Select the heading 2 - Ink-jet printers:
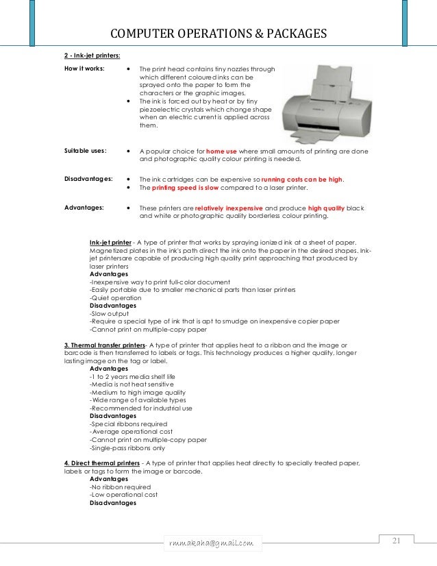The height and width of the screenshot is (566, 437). tap(92, 56)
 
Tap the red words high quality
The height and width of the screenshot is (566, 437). tap(327, 208)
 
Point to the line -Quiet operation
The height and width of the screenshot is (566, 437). tap(116, 298)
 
